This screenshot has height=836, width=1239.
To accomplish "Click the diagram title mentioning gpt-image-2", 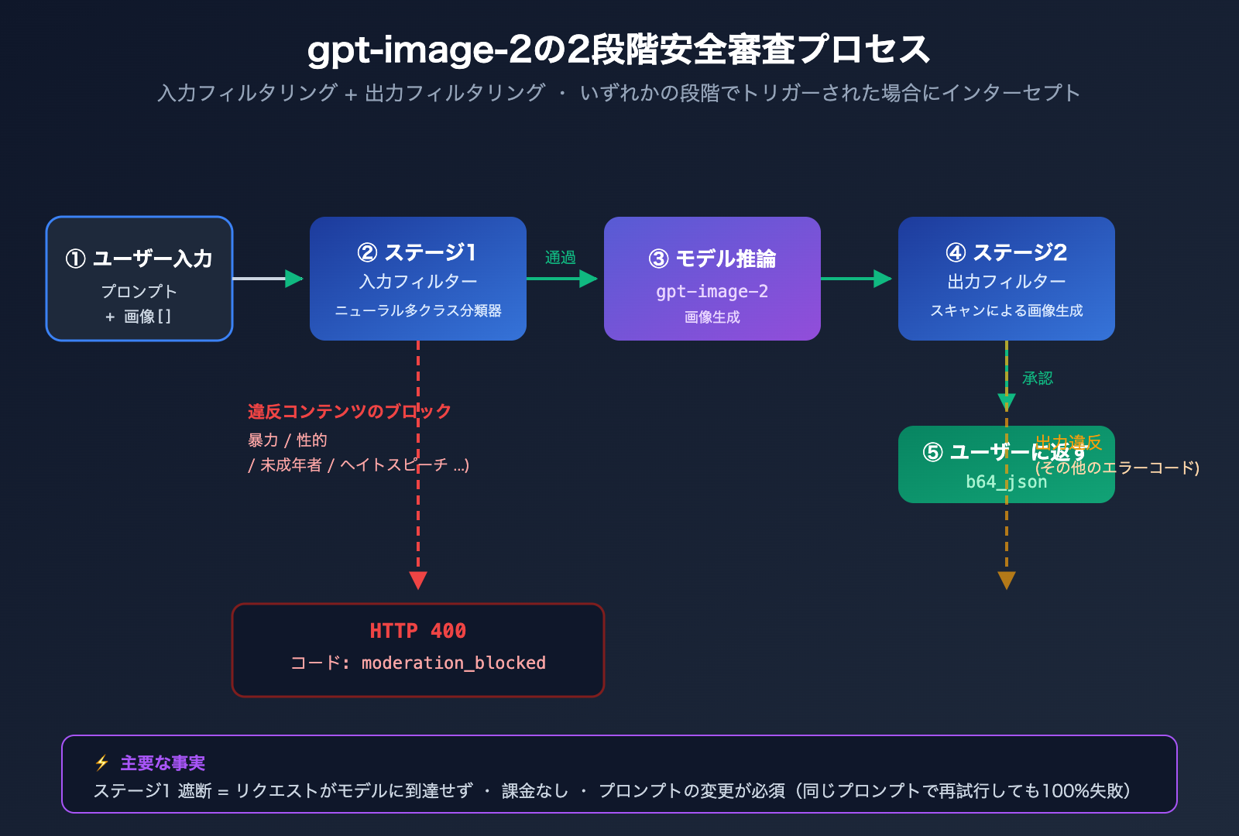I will point(618,50).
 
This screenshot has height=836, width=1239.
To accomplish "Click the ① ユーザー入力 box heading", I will point(139,259).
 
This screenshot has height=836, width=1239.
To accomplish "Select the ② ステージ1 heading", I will point(417,252).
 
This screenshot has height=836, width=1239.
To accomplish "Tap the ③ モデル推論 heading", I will point(712,259).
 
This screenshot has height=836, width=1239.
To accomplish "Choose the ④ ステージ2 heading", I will point(1006,252).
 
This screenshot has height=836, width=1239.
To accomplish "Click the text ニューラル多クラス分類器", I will point(417,310).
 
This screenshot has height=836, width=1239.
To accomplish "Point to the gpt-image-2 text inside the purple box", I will point(712,291).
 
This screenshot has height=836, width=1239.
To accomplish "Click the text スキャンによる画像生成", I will point(1006,310).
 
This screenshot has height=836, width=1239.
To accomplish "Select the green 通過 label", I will point(560,257).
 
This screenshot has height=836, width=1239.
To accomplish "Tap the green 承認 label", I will point(1037,378).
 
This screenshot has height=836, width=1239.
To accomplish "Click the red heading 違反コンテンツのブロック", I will point(349,411).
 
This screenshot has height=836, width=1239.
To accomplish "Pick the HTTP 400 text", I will point(417,631).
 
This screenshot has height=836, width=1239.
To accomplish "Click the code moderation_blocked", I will point(453,663).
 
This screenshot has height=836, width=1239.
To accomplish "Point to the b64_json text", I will point(1006,481).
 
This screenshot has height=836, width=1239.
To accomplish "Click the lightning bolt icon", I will point(101,763).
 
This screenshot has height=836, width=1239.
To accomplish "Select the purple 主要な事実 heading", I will point(163,763).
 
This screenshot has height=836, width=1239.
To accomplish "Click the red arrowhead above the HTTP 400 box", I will point(418,580).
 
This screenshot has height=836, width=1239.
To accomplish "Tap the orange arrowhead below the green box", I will point(1007,580).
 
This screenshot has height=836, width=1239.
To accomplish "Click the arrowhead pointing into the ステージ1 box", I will point(293,279).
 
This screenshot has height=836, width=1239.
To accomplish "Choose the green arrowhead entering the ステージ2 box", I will point(882,279).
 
